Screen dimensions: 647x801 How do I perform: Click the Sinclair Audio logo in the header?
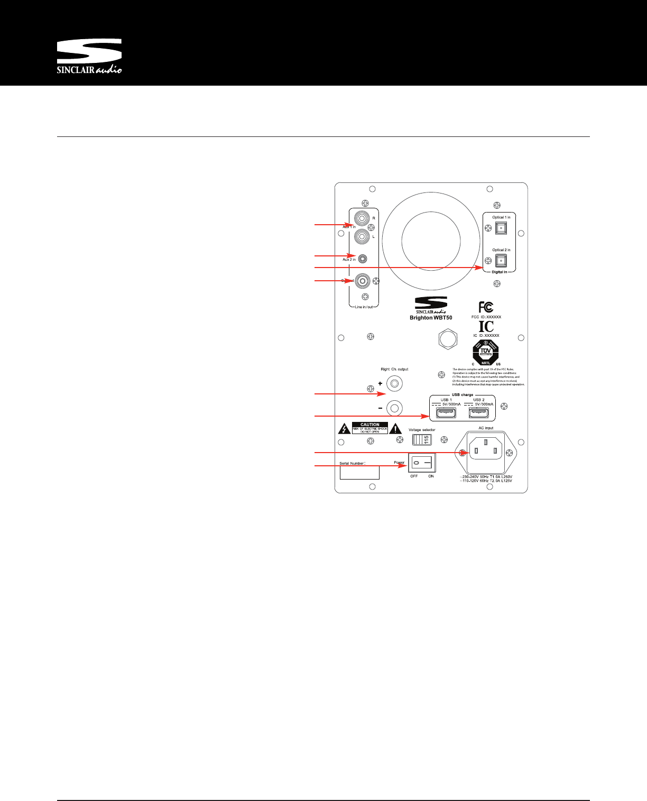click(89, 56)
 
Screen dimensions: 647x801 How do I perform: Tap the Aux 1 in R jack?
click(362, 218)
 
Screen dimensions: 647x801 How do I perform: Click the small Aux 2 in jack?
click(363, 259)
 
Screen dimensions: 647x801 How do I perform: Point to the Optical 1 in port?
click(501, 228)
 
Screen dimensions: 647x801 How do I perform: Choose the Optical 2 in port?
click(501, 260)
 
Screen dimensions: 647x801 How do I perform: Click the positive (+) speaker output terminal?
click(394, 383)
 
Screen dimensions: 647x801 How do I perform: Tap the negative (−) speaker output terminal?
click(394, 408)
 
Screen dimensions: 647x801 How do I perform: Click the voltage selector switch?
click(422, 439)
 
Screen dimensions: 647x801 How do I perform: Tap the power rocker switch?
click(422, 463)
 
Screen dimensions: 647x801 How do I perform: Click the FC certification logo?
click(486, 307)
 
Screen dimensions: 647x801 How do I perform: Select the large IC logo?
click(486, 326)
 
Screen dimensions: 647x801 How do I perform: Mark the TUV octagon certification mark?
click(486, 352)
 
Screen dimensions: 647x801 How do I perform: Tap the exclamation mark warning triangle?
click(395, 429)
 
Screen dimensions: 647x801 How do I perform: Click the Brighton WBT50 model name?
click(431, 318)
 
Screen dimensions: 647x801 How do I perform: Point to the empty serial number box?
click(359, 473)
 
